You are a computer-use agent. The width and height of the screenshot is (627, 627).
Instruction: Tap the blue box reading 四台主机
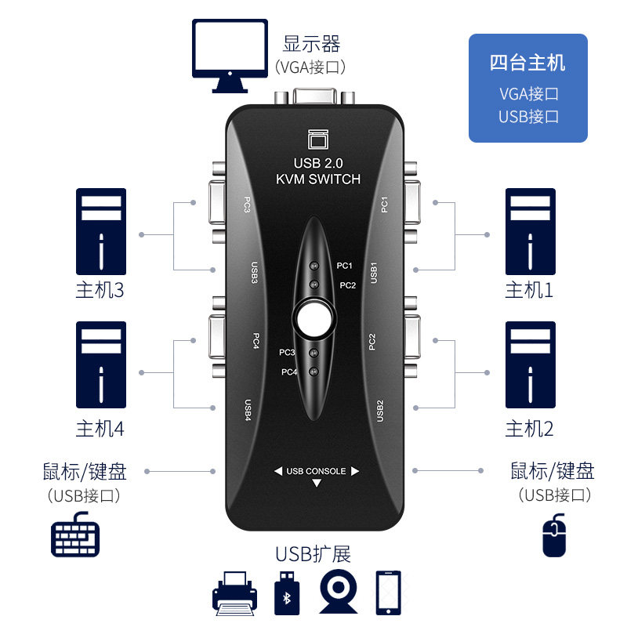click(527, 88)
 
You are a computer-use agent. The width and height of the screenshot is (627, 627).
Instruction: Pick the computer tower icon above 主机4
click(101, 364)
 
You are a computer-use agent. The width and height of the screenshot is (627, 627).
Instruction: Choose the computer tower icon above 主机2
click(531, 364)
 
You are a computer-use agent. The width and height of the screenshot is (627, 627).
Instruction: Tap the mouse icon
click(554, 535)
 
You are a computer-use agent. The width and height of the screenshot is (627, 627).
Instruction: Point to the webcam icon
click(338, 592)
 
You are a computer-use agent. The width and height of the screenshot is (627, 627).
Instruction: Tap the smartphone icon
click(390, 592)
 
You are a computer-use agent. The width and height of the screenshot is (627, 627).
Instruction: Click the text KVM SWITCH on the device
click(318, 179)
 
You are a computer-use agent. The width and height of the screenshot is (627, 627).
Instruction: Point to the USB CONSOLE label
click(316, 471)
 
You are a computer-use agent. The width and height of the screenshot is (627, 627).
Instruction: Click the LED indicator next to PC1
click(313, 266)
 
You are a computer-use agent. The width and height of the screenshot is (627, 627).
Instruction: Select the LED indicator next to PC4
click(313, 371)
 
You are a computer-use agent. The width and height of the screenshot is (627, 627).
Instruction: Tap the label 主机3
click(100, 291)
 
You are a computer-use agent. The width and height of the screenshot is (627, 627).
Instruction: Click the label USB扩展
click(313, 554)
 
